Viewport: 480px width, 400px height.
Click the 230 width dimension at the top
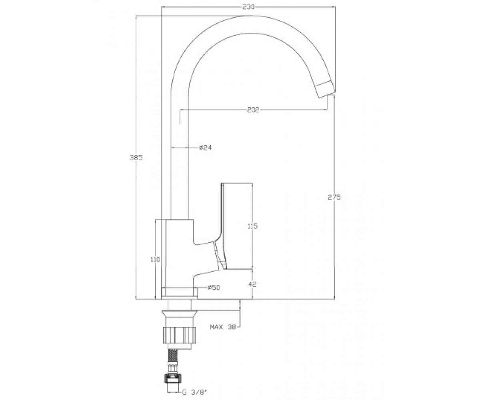pyautogui.click(x=249, y=7)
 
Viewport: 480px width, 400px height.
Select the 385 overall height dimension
pyautogui.click(x=136, y=158)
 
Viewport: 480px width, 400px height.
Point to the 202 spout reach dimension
pyautogui.click(x=253, y=110)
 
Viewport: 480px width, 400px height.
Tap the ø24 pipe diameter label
pyautogui.click(x=205, y=148)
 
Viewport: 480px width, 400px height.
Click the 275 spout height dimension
pyautogui.click(x=334, y=197)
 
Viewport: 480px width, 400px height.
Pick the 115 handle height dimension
pyautogui.click(x=252, y=226)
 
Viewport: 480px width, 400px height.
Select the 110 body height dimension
pyautogui.click(x=155, y=260)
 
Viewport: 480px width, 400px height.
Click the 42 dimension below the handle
pyautogui.click(x=252, y=284)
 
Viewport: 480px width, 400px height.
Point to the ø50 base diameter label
pyautogui.click(x=214, y=288)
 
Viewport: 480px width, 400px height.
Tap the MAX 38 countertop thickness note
pyautogui.click(x=223, y=327)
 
